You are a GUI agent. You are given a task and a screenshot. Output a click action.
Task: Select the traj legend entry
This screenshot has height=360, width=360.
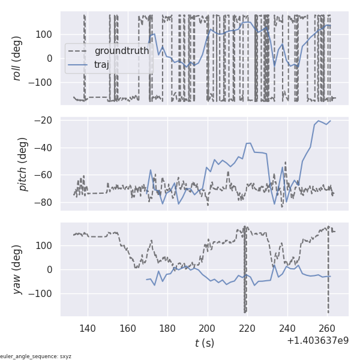tap(101, 64)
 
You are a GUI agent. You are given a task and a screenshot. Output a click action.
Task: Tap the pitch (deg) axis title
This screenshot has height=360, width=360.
tap(23, 164)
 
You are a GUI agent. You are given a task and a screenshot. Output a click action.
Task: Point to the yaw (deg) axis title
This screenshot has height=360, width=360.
tap(17, 269)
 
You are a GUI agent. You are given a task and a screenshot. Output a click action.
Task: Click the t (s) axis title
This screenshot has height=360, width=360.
tap(204, 343)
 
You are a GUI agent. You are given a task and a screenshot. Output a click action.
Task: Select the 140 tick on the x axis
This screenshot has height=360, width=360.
tap(88, 328)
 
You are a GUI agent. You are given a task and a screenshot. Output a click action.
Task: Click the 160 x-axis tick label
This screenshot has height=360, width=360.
tap(127, 328)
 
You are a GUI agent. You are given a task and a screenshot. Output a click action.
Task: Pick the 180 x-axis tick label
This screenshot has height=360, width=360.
tap(167, 328)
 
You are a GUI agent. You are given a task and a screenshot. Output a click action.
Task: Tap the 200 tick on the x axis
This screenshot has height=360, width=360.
tap(208, 328)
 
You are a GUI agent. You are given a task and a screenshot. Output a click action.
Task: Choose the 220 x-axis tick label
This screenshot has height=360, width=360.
tap(247, 328)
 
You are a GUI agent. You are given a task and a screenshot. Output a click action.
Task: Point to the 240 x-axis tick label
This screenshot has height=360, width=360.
tap(287, 328)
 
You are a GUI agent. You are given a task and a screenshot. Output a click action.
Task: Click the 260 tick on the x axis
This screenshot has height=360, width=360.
tap(327, 328)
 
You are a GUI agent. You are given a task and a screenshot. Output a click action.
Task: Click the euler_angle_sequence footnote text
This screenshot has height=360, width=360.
tap(36, 356)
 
